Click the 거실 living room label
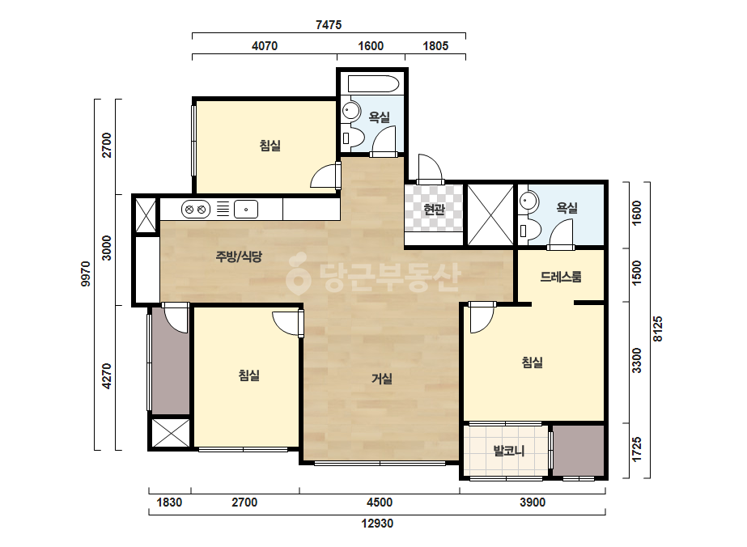382,379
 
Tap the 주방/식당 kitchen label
239,257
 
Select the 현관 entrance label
434,209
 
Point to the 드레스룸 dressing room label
561,277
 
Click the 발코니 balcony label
509,451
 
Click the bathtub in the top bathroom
373,84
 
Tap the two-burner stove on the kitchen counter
196,210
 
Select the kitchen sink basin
246,210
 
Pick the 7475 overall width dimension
329,25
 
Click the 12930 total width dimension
377,524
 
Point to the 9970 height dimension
86,273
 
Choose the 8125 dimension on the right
658,329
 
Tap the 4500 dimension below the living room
380,502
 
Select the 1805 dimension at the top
435,46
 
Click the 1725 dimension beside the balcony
636,449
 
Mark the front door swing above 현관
431,169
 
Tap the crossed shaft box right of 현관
490,215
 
